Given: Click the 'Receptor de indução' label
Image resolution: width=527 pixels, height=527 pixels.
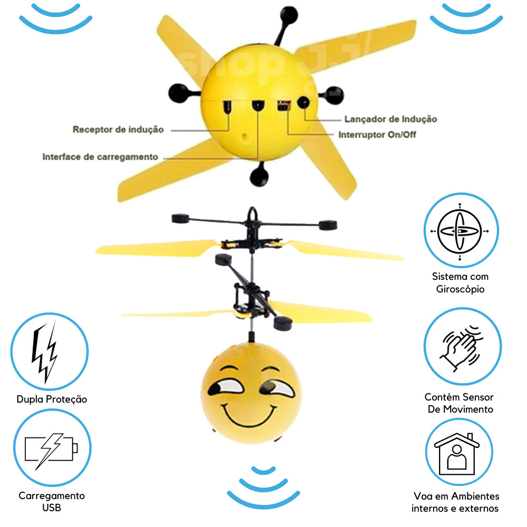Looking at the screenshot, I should coord(118,130).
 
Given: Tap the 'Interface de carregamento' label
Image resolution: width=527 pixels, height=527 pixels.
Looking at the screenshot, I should coord(100,157).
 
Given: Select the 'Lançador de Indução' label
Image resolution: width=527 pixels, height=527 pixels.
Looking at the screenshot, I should coord(390,120).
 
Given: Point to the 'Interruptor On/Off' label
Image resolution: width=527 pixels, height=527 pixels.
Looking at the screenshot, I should coord(377,134).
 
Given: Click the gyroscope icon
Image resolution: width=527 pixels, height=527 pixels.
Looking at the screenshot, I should coord(461,231).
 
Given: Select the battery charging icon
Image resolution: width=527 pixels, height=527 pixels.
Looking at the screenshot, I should coord(52,450).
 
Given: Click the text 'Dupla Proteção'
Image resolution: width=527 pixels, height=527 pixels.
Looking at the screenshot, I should coord(52,399).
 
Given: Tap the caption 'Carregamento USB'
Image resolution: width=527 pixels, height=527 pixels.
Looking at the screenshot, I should coord(52,502).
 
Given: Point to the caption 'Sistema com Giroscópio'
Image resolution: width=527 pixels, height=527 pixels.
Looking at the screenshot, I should coord(460,282).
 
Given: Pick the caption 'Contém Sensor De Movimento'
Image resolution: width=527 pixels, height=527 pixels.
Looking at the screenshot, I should coord(460,403).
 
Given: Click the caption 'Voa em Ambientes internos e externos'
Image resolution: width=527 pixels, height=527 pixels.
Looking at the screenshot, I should coord(456,502).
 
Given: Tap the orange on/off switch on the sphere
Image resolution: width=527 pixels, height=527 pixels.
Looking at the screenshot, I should coord(282,105).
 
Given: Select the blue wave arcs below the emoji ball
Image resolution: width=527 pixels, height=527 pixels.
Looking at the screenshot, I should coord(263,488).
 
